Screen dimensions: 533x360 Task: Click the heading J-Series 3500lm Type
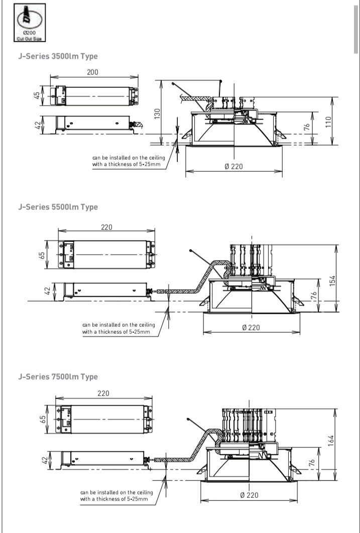[58, 56]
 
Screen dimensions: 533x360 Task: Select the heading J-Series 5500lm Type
[58, 207]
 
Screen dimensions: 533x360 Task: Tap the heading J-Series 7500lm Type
[58, 376]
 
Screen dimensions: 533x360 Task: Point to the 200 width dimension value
[92, 72]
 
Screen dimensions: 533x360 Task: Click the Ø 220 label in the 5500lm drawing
[251, 328]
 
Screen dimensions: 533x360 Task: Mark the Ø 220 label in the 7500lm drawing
[249, 495]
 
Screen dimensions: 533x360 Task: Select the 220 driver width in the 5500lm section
[106, 227]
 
